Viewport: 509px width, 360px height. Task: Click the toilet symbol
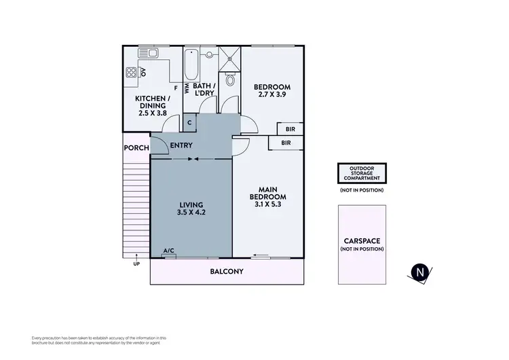tap(230, 80)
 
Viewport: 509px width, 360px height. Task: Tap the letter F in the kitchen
tap(176, 88)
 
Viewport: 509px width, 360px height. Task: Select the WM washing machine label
tap(187, 88)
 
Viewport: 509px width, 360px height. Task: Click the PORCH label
tap(136, 148)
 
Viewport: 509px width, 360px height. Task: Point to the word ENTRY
tap(181, 145)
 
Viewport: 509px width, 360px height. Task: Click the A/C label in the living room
tap(169, 251)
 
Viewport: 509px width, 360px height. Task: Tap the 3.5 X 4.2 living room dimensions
tap(191, 213)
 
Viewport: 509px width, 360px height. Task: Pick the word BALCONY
tap(227, 272)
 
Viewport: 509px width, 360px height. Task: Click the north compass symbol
tap(421, 272)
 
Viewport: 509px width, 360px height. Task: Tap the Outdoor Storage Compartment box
tap(362, 173)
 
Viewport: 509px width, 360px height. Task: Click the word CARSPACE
tap(362, 240)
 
